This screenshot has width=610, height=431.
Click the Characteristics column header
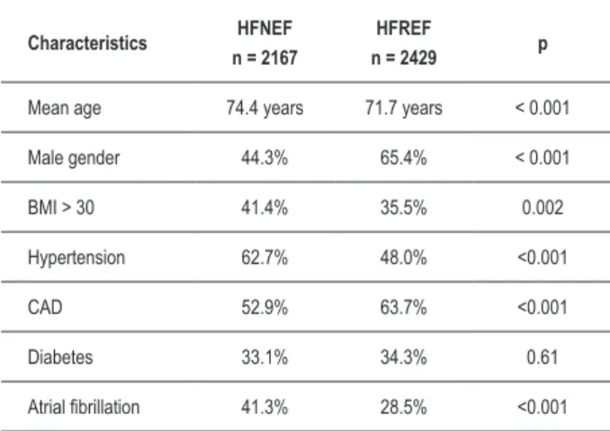click(x=87, y=43)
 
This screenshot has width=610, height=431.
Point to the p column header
click(x=543, y=45)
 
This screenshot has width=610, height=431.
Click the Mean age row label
click(x=64, y=108)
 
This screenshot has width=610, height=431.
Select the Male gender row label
click(x=74, y=158)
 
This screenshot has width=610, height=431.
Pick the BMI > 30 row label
click(x=61, y=207)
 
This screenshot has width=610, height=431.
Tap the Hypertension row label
click(x=76, y=257)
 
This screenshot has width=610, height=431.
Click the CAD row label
click(x=45, y=308)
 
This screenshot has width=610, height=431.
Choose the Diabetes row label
click(x=60, y=357)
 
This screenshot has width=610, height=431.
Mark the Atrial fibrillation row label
click(x=84, y=407)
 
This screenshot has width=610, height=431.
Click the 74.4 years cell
click(x=265, y=108)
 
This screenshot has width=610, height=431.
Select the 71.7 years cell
click(x=404, y=108)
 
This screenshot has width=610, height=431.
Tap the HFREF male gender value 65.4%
click(x=404, y=158)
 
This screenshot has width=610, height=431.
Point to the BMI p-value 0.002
click(x=543, y=207)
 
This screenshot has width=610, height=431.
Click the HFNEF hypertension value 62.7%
click(x=265, y=257)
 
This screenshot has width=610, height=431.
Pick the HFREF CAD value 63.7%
click(x=404, y=308)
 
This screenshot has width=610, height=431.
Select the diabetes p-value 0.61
click(x=543, y=357)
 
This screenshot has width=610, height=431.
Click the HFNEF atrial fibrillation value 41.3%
click(x=265, y=407)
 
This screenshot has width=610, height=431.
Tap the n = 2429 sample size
click(x=404, y=58)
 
